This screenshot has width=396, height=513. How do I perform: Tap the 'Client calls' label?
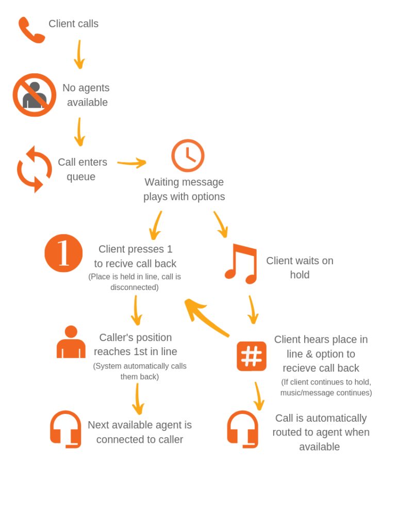point(73,24)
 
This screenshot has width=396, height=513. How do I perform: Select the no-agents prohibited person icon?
point(35,95)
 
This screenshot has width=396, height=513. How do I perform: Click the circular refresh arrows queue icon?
point(35,169)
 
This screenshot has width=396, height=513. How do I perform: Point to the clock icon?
point(188,155)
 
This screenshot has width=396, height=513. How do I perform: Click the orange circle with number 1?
point(63,253)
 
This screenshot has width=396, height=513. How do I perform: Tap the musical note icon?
point(241,263)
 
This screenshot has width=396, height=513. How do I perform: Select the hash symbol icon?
point(252,356)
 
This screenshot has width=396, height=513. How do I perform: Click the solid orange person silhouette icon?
point(71,342)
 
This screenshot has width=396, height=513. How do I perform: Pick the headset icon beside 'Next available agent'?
point(65,429)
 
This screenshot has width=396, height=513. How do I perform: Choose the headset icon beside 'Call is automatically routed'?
point(242,429)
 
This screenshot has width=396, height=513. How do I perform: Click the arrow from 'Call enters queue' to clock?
point(132,164)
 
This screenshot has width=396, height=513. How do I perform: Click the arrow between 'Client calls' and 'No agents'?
point(79,54)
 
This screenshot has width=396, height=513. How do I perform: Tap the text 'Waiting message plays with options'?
point(184,189)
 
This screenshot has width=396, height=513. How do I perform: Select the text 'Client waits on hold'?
point(300,268)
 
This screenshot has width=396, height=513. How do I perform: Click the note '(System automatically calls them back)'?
point(140,371)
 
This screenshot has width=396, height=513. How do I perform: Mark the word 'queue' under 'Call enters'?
point(81,177)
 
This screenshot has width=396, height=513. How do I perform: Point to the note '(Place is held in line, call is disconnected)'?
point(135,282)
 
